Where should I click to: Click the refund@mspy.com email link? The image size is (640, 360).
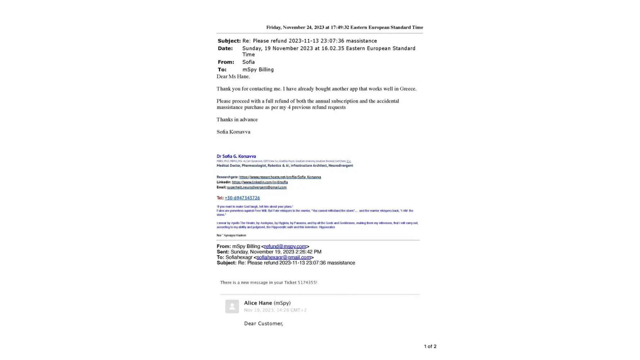pyautogui.click(x=285, y=247)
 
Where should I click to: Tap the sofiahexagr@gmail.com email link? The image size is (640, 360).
pyautogui.click(x=284, y=257)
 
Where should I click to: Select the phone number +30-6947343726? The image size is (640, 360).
pyautogui.click(x=242, y=198)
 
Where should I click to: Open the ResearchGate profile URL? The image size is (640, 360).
pyautogui.click(x=280, y=177)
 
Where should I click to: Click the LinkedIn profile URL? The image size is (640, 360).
pyautogui.click(x=260, y=182)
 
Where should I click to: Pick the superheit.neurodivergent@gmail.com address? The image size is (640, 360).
pyautogui.click(x=257, y=187)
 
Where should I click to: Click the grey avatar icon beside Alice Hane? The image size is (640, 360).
pyautogui.click(x=232, y=306)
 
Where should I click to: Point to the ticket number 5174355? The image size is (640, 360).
pyautogui.click(x=307, y=283)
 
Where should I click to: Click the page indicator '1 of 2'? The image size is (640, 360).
pyautogui.click(x=430, y=346)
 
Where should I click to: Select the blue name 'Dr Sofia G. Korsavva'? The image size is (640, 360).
pyautogui.click(x=236, y=156)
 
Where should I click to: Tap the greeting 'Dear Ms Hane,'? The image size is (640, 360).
pyautogui.click(x=233, y=77)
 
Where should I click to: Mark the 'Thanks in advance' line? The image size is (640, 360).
pyautogui.click(x=237, y=120)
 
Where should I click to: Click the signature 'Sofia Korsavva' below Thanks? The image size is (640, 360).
pyautogui.click(x=233, y=132)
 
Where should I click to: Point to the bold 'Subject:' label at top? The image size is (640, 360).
pyautogui.click(x=229, y=41)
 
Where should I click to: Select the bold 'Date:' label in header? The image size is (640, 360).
pyautogui.click(x=225, y=49)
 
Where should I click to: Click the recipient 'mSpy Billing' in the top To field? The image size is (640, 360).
pyautogui.click(x=258, y=70)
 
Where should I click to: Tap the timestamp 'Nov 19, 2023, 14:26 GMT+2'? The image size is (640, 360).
pyautogui.click(x=275, y=310)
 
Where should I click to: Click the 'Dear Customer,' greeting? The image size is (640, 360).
pyautogui.click(x=263, y=324)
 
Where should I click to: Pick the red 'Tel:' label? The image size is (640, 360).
pyautogui.click(x=220, y=198)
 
